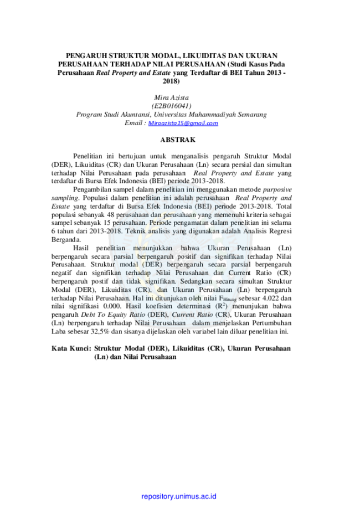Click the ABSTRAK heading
coord(178,140)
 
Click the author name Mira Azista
coord(171,97)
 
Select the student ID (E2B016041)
coord(171,106)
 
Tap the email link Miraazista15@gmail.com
coord(183,123)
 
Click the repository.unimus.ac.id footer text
coord(179,496)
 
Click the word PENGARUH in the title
coord(86,56)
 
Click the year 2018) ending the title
coord(171,81)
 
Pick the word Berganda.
coord(66,240)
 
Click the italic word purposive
coord(277,189)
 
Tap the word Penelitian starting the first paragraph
coord(88,156)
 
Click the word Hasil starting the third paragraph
coord(81,248)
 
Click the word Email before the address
coord(133,123)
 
